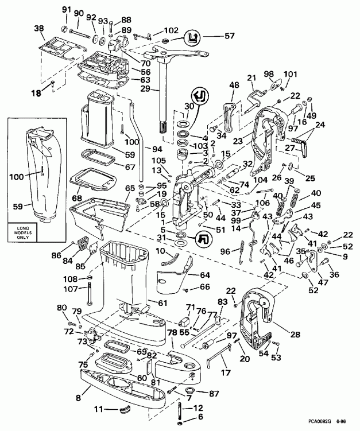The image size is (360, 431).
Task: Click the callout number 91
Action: [x=65, y=10]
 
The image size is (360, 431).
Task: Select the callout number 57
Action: [x=214, y=36]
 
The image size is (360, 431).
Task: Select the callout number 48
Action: [x=234, y=85]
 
